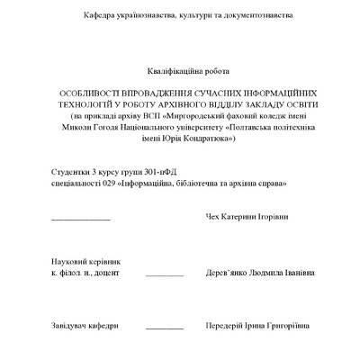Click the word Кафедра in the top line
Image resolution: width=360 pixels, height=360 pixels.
point(100,16)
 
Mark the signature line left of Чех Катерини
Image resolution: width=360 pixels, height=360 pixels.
point(81,220)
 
